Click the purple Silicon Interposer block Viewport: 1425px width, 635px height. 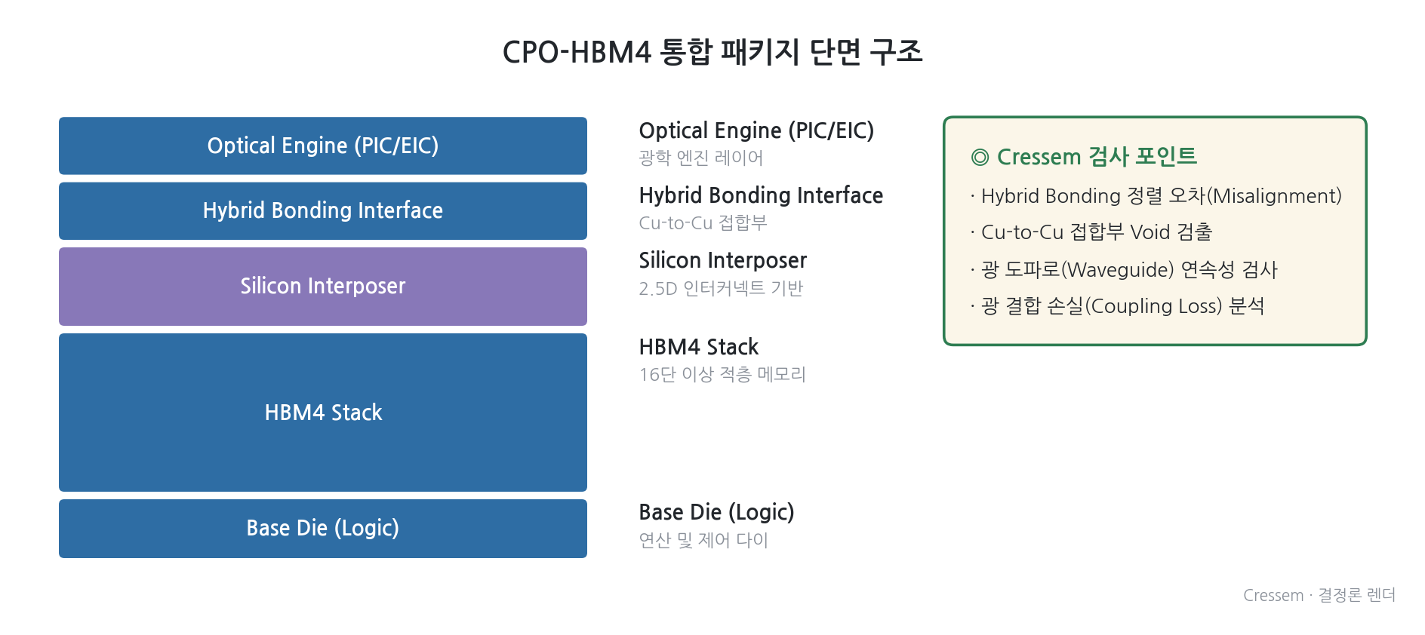coord(323,287)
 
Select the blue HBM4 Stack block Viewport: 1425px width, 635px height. coord(323,413)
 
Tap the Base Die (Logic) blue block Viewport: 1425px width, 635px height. coord(323,529)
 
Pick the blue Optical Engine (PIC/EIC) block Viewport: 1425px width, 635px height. coord(323,146)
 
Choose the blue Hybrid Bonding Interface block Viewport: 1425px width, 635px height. coord(323,211)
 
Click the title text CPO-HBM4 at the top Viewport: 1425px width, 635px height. coord(577,52)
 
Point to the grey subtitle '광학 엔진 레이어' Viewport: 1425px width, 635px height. coord(701,158)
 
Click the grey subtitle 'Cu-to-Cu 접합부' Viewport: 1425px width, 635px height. coord(703,222)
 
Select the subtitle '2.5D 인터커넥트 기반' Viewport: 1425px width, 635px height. coord(721,288)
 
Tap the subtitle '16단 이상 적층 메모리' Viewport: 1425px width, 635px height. coord(722,374)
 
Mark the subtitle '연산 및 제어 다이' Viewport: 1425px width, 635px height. coord(703,540)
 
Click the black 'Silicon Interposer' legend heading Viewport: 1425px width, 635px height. coord(723,260)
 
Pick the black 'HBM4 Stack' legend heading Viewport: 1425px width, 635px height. coord(699,347)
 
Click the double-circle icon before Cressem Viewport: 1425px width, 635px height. coord(980,158)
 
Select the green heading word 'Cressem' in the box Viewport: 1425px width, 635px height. coord(1039,157)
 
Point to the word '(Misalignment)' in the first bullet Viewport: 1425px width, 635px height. coord(1274,196)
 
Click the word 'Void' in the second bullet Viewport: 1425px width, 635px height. coord(1150,232)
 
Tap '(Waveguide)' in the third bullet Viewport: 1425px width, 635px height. coord(1118,269)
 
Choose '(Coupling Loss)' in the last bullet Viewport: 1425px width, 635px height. coord(1153,306)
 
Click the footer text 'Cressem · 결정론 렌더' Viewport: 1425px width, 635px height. coord(1319,595)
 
